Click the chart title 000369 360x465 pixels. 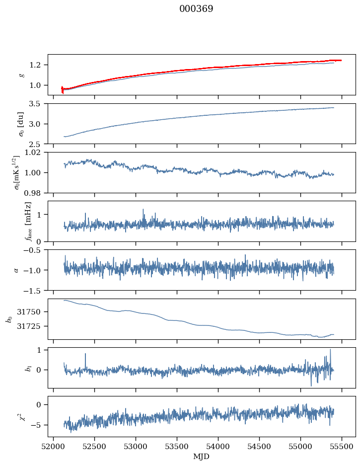coord(196,9)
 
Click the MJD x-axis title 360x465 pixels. coord(201,457)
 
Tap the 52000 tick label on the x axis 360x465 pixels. coord(53,447)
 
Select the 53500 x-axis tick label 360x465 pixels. coord(177,447)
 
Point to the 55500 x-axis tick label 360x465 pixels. coord(342,447)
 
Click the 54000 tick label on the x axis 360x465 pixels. coord(218,447)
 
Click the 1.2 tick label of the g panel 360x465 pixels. coord(35,65)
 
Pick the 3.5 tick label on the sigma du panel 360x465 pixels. coord(35,104)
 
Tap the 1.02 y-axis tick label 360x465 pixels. coord(33,153)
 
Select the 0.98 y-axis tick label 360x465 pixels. coord(33,193)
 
